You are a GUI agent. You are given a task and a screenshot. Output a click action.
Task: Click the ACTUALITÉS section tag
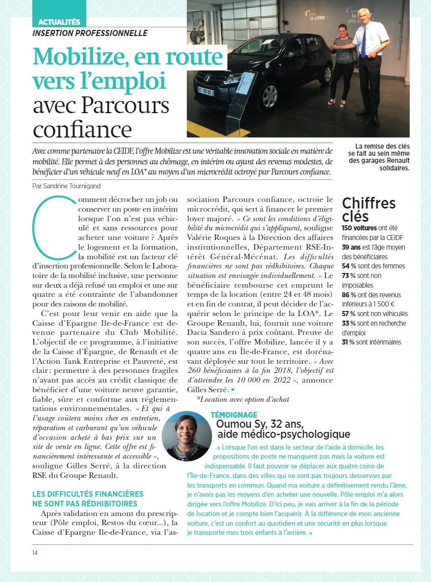pos(59,22)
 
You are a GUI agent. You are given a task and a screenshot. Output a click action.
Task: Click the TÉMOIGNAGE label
pos(234,415)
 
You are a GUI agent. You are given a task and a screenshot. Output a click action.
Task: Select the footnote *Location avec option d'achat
pos(243,399)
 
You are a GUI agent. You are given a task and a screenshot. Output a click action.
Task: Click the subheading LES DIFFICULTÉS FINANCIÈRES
pos(88,494)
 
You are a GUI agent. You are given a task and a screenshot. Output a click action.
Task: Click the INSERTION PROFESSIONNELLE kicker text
pos(90,33)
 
